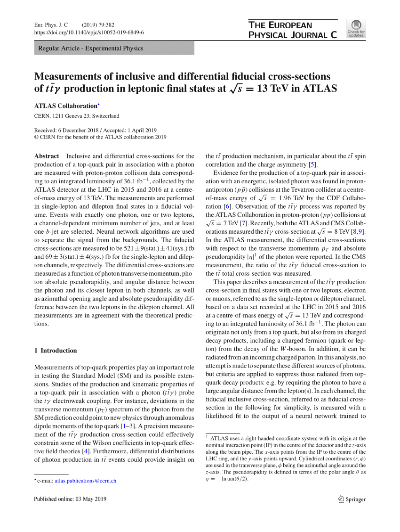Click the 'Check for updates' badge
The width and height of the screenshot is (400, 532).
point(356,28)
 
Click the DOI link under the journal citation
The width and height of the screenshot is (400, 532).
point(89,33)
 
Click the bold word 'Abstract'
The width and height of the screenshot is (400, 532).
point(47,156)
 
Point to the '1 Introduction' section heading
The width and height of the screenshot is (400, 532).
point(56,351)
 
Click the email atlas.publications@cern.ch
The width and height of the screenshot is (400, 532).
point(86,481)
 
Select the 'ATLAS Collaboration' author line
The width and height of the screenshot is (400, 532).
point(66,106)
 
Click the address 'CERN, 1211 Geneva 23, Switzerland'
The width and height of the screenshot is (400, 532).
point(77,116)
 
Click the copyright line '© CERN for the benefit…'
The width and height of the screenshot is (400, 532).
point(100,138)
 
